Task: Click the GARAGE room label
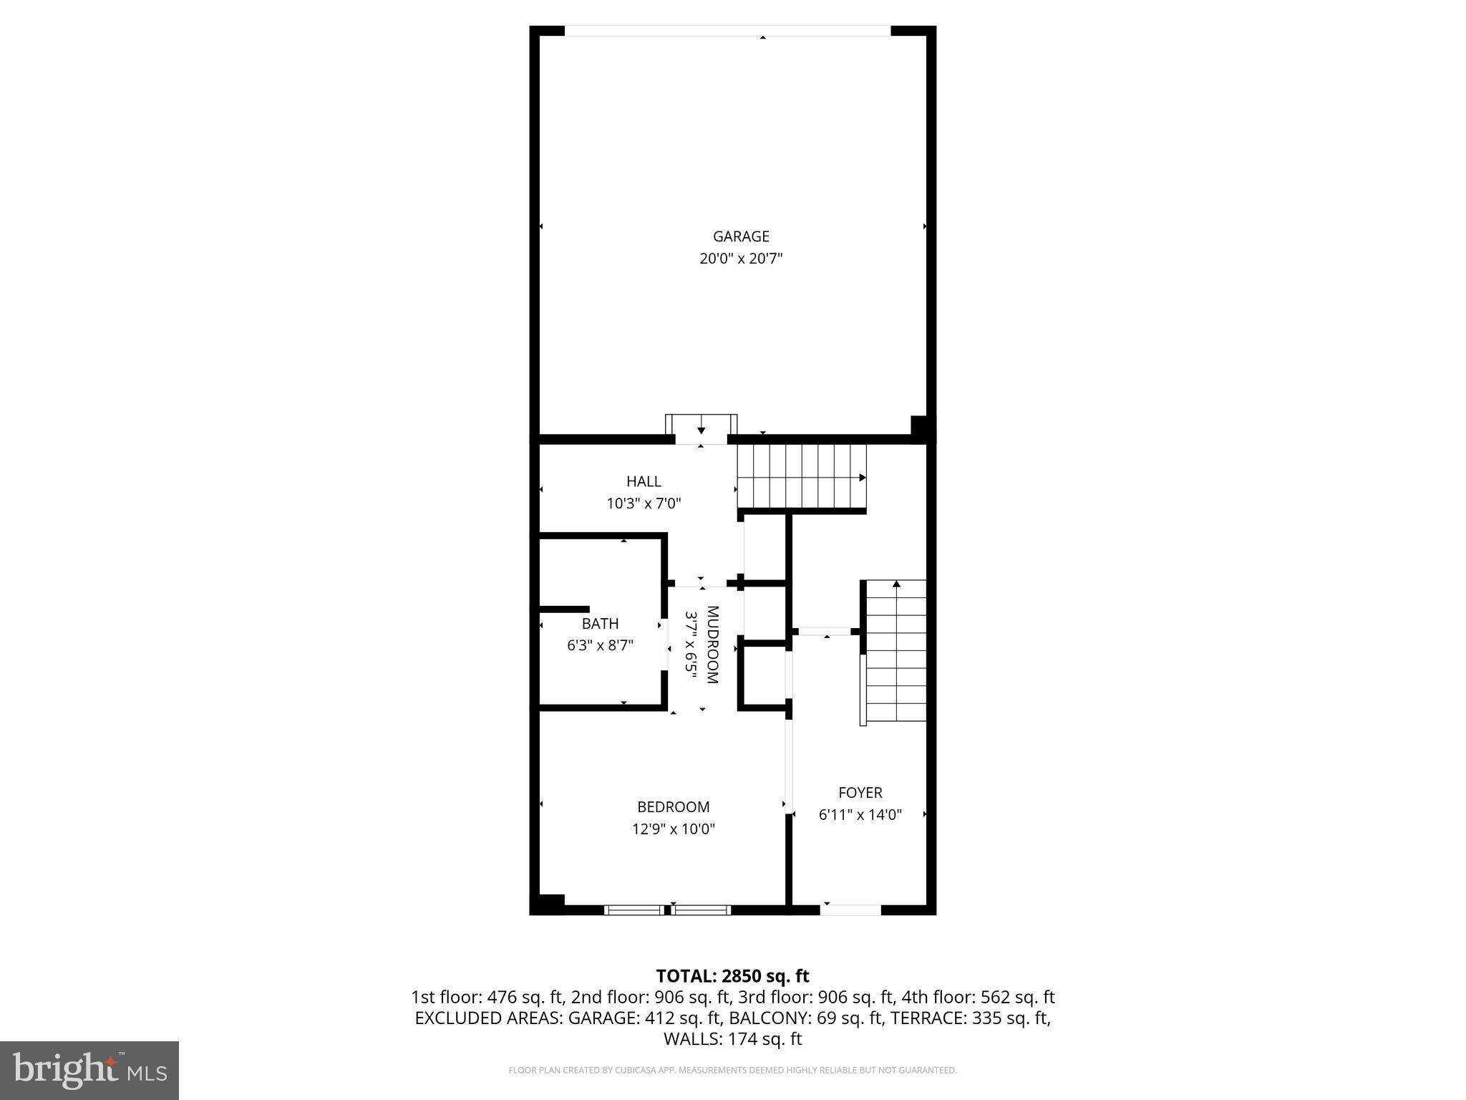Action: point(741,236)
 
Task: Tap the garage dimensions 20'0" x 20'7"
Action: point(741,259)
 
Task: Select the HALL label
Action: point(644,481)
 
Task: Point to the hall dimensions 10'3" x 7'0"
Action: point(644,503)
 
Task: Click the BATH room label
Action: point(600,623)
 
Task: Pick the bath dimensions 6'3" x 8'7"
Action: point(600,645)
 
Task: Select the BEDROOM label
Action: point(674,806)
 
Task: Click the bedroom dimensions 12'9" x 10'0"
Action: point(674,829)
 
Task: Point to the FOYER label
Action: point(860,792)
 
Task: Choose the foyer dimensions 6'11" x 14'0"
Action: point(860,814)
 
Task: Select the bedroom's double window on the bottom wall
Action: point(667,910)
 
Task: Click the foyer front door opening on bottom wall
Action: point(850,910)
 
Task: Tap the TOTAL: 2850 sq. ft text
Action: point(732,976)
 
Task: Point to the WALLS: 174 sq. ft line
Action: point(732,1039)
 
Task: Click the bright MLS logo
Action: point(89,1071)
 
